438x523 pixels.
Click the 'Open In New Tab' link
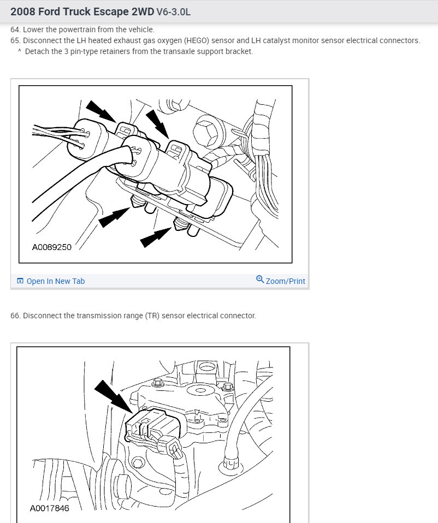coord(55,281)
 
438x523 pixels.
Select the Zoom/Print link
coord(285,281)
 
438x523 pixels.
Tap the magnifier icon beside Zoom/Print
coord(260,279)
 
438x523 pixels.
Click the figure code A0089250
coord(52,247)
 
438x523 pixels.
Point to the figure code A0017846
coord(49,508)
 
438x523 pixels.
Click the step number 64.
coord(15,29)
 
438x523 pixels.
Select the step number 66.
coord(15,316)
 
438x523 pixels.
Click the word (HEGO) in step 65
coord(196,41)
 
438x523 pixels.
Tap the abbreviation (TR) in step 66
coord(152,316)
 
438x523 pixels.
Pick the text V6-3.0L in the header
coord(174,12)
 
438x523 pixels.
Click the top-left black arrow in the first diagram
coord(100,111)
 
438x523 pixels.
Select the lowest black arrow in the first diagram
coord(156,237)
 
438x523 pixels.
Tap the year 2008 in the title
coord(23,11)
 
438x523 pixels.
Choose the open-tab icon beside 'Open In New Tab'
coord(20,281)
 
